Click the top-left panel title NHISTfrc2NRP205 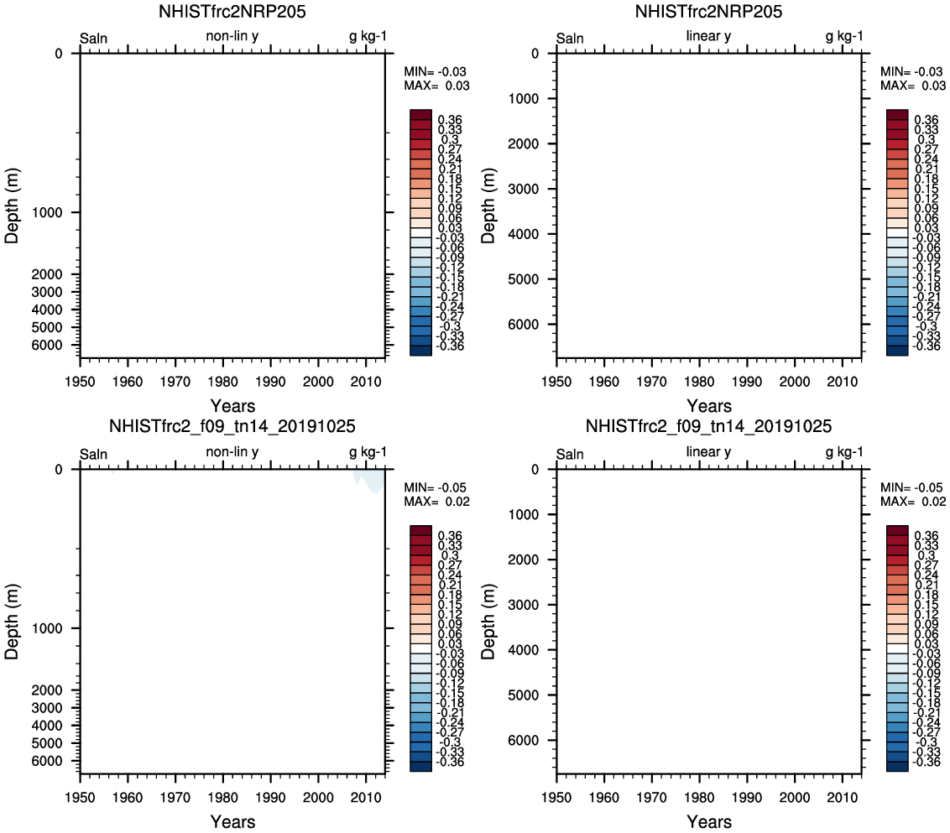pyautogui.click(x=232, y=12)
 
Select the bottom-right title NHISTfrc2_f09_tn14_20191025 pyautogui.click(x=708, y=427)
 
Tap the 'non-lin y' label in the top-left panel pyautogui.click(x=232, y=36)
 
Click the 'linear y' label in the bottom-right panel pyautogui.click(x=708, y=452)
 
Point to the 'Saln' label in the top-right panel pyautogui.click(x=570, y=38)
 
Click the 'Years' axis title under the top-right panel pyautogui.click(x=709, y=406)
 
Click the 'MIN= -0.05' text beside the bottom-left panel pyautogui.click(x=436, y=487)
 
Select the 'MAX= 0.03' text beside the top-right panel pyautogui.click(x=913, y=86)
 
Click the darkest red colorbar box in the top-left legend pyautogui.click(x=420, y=114)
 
